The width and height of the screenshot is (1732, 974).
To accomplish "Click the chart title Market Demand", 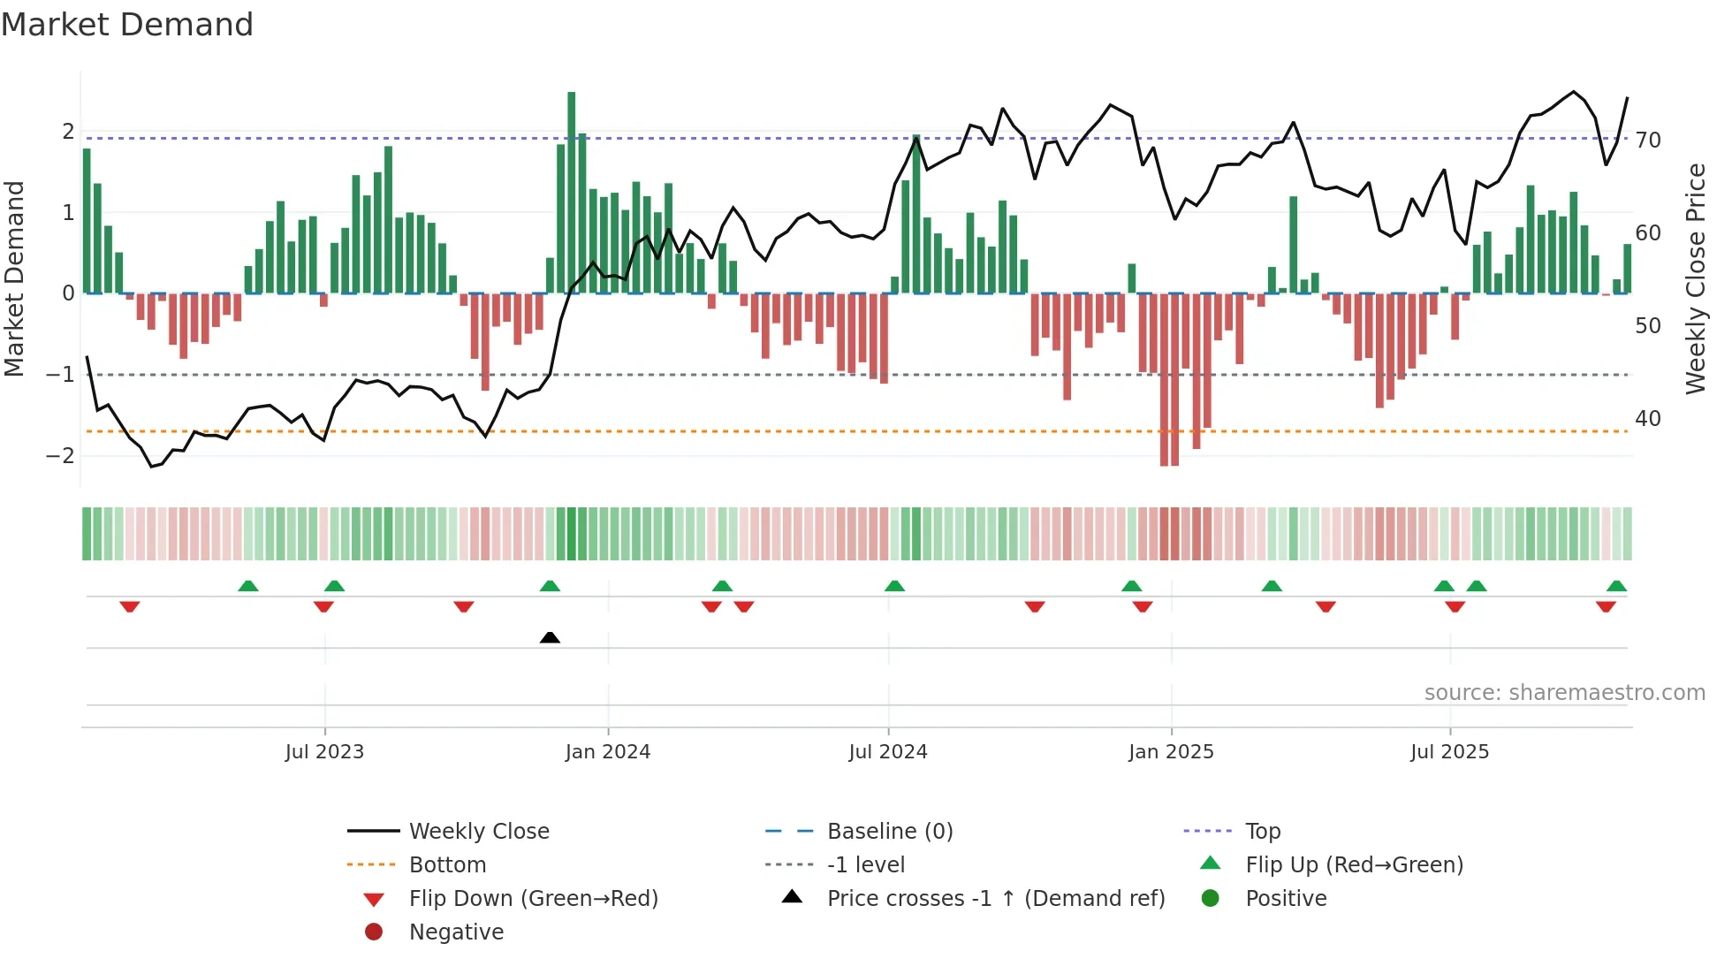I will [x=127, y=25].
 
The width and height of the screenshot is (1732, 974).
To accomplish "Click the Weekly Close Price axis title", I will [x=1695, y=278].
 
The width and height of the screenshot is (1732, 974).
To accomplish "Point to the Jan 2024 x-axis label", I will [x=608, y=752].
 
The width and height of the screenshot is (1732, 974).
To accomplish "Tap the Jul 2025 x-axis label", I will [x=1449, y=752].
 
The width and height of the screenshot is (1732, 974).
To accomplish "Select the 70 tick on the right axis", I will [x=1648, y=140].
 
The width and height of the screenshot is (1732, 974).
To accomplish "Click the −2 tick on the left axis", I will [x=61, y=455].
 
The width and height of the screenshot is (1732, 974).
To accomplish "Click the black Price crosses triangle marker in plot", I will [x=550, y=637].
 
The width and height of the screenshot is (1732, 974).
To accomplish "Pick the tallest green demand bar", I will [x=572, y=192].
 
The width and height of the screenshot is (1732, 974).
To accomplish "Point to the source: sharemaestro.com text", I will [x=1564, y=692].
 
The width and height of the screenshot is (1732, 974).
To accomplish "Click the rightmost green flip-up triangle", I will [x=1616, y=586].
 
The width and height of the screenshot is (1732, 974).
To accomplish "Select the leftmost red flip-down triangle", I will [x=130, y=606].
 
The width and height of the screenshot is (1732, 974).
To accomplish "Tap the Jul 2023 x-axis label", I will [x=324, y=752].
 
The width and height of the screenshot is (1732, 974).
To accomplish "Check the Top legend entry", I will [x=1263, y=831].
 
